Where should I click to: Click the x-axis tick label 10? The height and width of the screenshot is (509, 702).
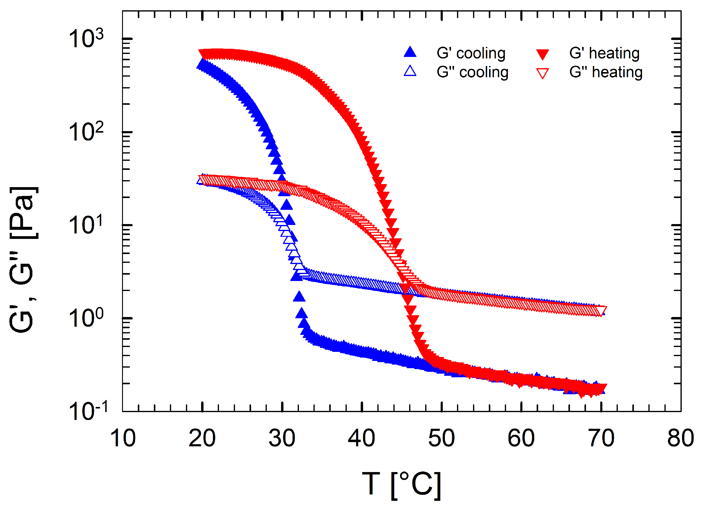(123, 438)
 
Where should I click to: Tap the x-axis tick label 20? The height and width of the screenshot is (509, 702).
(202, 438)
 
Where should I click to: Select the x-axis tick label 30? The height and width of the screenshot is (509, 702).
(282, 438)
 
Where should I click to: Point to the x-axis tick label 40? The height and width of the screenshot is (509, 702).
(362, 438)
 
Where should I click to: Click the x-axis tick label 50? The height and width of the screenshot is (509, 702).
(441, 438)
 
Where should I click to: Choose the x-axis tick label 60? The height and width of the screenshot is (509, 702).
(521, 438)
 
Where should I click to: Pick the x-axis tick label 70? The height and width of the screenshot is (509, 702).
(601, 438)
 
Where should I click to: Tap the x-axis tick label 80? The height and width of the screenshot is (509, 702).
(680, 438)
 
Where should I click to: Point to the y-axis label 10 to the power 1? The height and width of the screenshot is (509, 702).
(85, 225)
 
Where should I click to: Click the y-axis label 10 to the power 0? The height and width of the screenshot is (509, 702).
(85, 319)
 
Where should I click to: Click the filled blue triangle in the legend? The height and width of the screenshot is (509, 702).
(410, 52)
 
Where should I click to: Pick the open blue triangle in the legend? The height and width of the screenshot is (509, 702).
(410, 71)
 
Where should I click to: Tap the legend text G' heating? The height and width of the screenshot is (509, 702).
(604, 53)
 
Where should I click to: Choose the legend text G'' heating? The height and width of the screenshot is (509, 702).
(606, 72)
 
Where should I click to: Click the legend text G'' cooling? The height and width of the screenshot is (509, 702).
(472, 72)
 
